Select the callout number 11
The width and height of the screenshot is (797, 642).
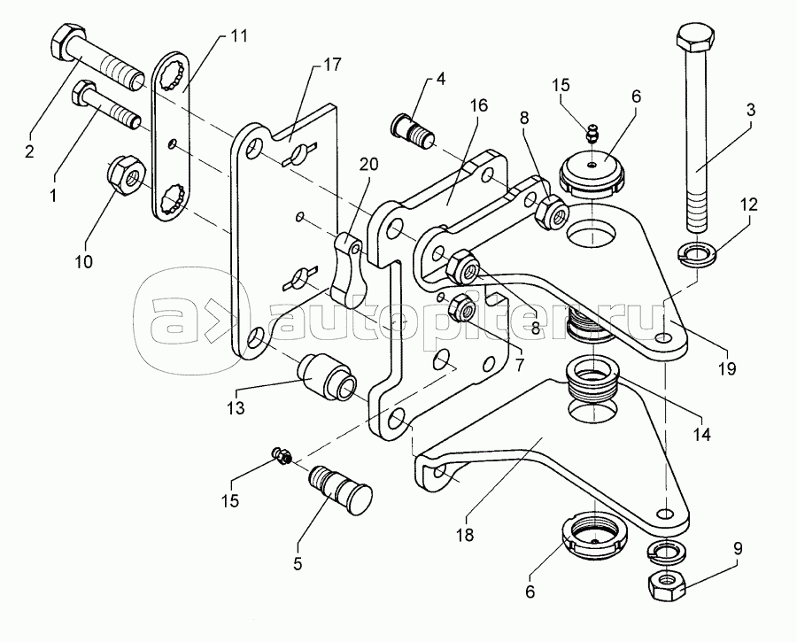click(237, 36)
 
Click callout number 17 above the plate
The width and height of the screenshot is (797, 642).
click(333, 65)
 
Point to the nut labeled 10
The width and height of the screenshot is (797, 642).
click(126, 174)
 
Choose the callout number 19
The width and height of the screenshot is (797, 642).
click(728, 368)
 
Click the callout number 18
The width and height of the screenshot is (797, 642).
click(465, 534)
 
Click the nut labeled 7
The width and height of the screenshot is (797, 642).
click(462, 307)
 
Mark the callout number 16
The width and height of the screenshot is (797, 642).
click(479, 105)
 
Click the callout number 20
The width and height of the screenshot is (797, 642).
click(369, 164)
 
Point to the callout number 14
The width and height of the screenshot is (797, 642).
click(702, 434)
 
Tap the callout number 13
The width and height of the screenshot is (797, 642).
click(236, 407)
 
